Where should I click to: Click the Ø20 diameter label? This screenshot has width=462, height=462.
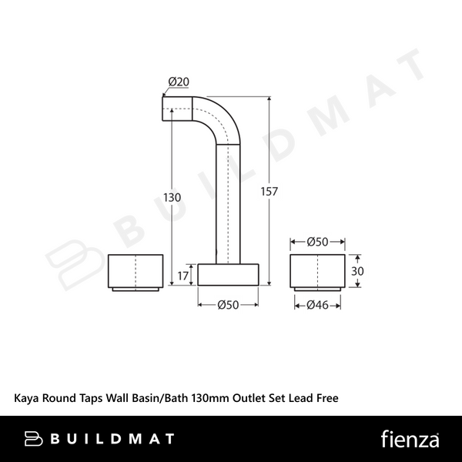coord(179,82)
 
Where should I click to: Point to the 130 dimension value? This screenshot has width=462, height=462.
coord(172,197)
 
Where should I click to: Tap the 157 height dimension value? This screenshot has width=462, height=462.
coord(269,192)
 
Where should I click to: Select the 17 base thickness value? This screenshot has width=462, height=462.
coord(182,276)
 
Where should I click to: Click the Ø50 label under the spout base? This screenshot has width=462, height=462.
coord(228,305)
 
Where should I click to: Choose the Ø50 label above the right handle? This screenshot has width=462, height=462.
coord(317,242)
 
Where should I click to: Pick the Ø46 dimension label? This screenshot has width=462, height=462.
coord(317,305)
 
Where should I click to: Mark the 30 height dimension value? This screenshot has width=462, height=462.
coord(357,271)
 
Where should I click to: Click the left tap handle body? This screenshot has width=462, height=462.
coord(136,271)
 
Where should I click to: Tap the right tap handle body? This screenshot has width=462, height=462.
coord(317,271)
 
